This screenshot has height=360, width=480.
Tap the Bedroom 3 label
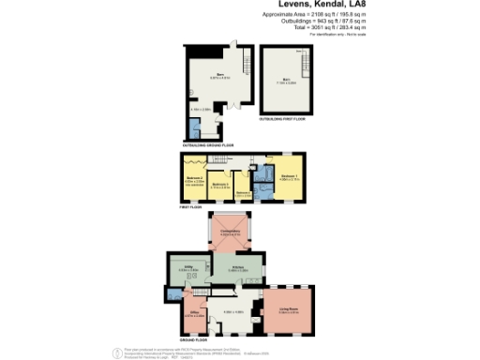pyautogui.click(x=220, y=184)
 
